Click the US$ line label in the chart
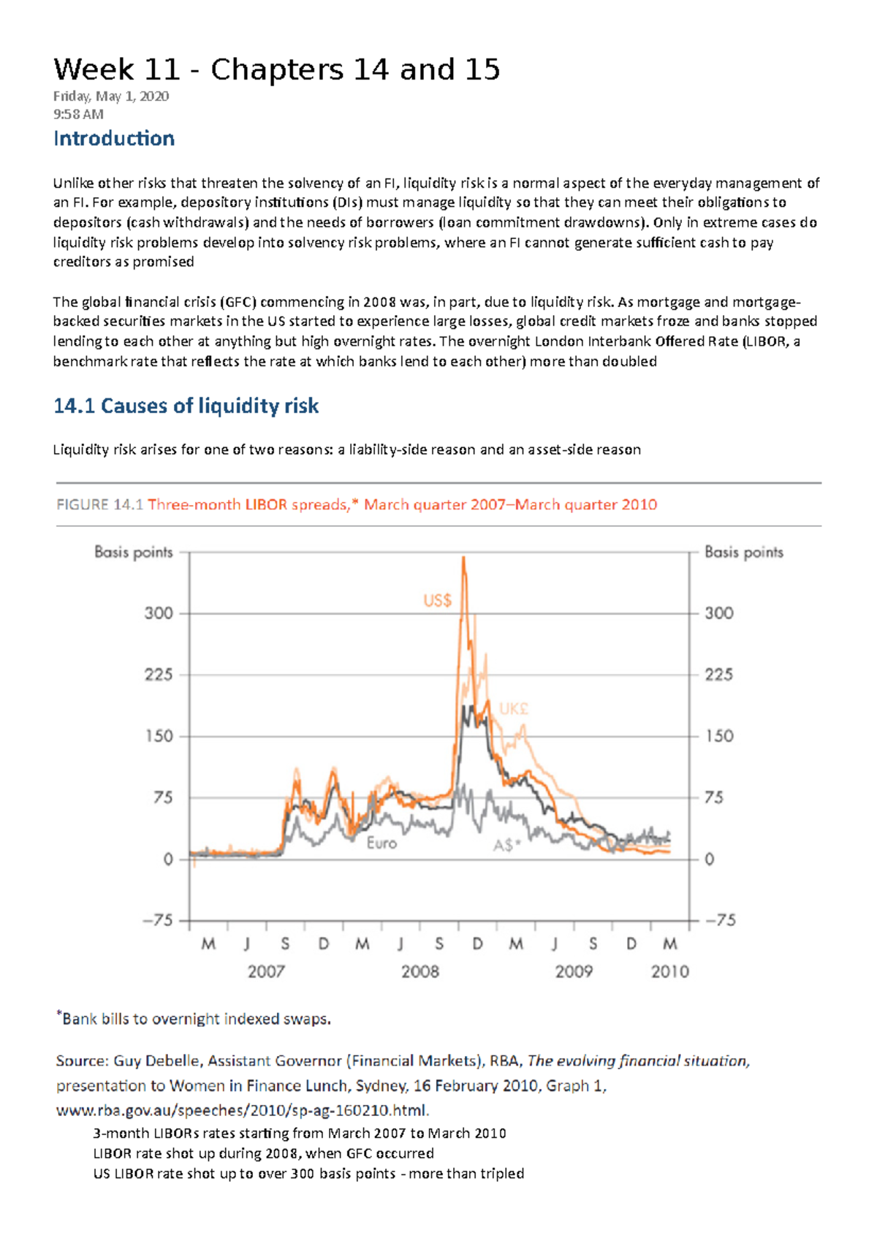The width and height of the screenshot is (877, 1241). [x=437, y=600]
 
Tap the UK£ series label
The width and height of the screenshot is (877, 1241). [x=514, y=709]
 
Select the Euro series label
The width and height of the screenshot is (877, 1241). [x=381, y=843]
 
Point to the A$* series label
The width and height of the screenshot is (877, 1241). [x=507, y=845]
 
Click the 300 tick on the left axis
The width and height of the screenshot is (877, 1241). [x=159, y=613]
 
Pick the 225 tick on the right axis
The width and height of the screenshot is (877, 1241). [x=718, y=675]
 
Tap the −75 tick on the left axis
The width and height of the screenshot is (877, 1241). [x=158, y=920]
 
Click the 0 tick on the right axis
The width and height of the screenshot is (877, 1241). [x=709, y=859]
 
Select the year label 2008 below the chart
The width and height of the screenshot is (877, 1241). [x=420, y=971]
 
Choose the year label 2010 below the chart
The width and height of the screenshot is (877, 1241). [x=669, y=971]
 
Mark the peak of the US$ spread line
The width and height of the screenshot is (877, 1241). [x=463, y=558]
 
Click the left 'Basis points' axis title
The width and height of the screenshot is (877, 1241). [x=134, y=553]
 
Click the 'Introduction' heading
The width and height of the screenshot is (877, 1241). [x=113, y=138]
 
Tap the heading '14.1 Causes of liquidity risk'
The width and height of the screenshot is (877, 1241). [x=186, y=406]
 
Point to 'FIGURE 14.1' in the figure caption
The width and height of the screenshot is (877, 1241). [x=99, y=504]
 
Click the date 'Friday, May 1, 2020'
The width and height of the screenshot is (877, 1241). [x=111, y=96]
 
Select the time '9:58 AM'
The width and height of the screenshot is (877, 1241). [x=78, y=114]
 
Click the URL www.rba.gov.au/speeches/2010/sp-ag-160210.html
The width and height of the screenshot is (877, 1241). [x=243, y=1110]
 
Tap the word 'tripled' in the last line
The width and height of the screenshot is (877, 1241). [x=504, y=1174]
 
